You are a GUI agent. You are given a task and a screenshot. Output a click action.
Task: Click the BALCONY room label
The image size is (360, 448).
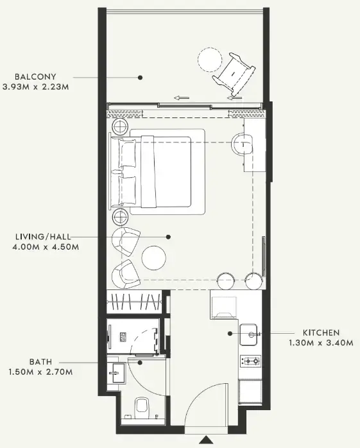(35, 76)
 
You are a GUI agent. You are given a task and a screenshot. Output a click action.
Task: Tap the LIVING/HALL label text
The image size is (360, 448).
(43, 237)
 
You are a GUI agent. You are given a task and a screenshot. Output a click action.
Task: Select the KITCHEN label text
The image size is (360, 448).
(321, 332)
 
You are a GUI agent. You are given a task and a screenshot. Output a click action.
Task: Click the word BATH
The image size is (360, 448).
(41, 362)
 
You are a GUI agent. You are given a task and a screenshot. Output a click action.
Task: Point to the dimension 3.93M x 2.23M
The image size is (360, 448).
(36, 87)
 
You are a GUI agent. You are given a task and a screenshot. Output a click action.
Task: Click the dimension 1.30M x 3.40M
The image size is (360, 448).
(321, 343)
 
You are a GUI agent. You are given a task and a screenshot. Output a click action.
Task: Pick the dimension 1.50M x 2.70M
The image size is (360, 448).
(40, 372)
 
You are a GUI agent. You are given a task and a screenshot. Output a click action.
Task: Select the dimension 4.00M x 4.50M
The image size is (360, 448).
(46, 246)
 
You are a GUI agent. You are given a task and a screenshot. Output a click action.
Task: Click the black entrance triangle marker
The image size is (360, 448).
(206, 440)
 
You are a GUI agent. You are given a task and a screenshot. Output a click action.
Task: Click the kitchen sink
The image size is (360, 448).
(248, 334)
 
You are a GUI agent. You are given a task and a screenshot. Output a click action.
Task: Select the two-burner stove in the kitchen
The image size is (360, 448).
(250, 361)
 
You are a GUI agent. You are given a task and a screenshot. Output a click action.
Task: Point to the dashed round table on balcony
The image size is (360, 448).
(210, 60)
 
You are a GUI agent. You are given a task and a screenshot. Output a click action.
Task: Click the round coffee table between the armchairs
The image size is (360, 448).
(154, 258)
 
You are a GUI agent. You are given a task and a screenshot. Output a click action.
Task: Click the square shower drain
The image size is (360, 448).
(123, 337)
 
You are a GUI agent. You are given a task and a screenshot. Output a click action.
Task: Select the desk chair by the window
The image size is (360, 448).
(243, 144)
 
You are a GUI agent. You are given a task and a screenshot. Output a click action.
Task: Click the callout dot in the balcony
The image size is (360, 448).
(140, 78)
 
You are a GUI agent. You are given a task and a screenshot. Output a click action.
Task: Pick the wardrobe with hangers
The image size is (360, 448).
(133, 302)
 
